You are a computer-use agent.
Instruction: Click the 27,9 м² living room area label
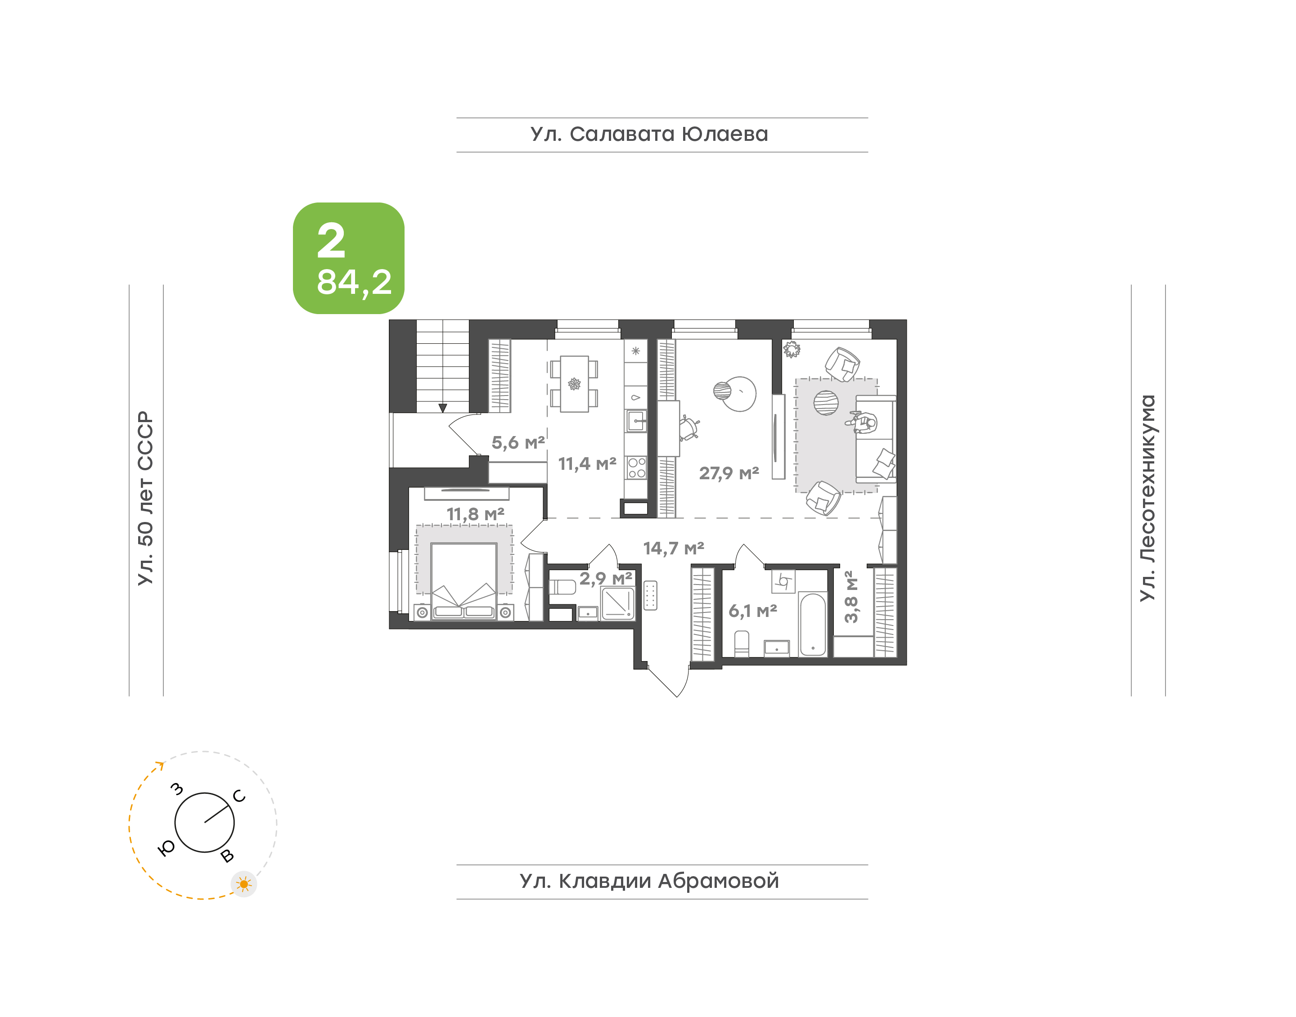729,473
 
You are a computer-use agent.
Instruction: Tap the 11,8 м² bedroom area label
475,514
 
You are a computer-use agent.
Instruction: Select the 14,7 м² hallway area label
673,549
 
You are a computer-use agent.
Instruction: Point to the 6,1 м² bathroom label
752,611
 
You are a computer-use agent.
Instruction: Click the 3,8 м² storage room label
851,597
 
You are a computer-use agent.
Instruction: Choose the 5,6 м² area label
518,442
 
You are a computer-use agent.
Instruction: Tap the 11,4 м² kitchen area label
587,464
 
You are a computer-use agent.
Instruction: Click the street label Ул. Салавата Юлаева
649,134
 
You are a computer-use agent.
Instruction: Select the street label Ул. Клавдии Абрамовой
649,881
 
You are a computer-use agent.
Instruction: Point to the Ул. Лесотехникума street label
1147,498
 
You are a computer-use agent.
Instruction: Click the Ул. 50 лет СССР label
145,498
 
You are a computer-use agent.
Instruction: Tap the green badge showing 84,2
348,258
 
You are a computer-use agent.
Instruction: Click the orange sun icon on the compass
243,884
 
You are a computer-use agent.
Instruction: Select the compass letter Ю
166,848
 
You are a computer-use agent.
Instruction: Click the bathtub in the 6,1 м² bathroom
812,624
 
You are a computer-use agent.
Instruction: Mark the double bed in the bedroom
464,581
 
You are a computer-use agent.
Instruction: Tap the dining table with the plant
575,384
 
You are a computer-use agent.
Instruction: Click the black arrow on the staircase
442,408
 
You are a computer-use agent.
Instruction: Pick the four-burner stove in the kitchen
636,468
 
